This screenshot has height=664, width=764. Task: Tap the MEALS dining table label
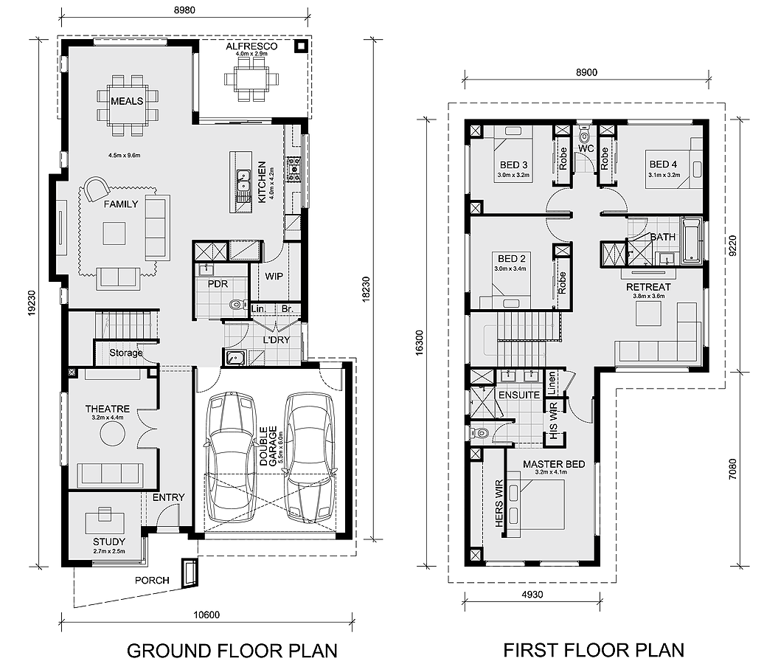127,101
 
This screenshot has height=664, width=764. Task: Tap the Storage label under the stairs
126,353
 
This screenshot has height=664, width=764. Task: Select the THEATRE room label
107,409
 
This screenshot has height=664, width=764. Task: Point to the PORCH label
152,580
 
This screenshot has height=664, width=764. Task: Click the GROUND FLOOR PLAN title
232,650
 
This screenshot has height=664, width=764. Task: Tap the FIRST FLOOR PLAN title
594,650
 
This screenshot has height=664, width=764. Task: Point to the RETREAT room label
648,286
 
